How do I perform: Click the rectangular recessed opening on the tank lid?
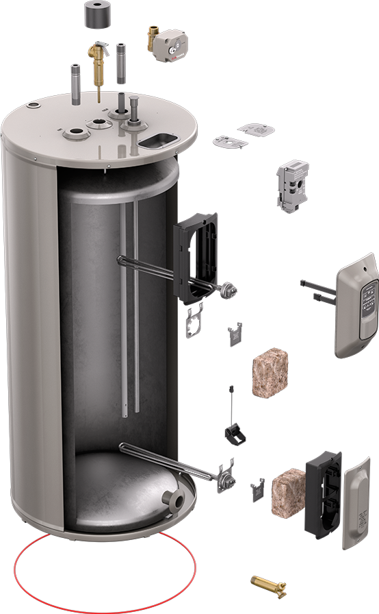click(158, 140)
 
